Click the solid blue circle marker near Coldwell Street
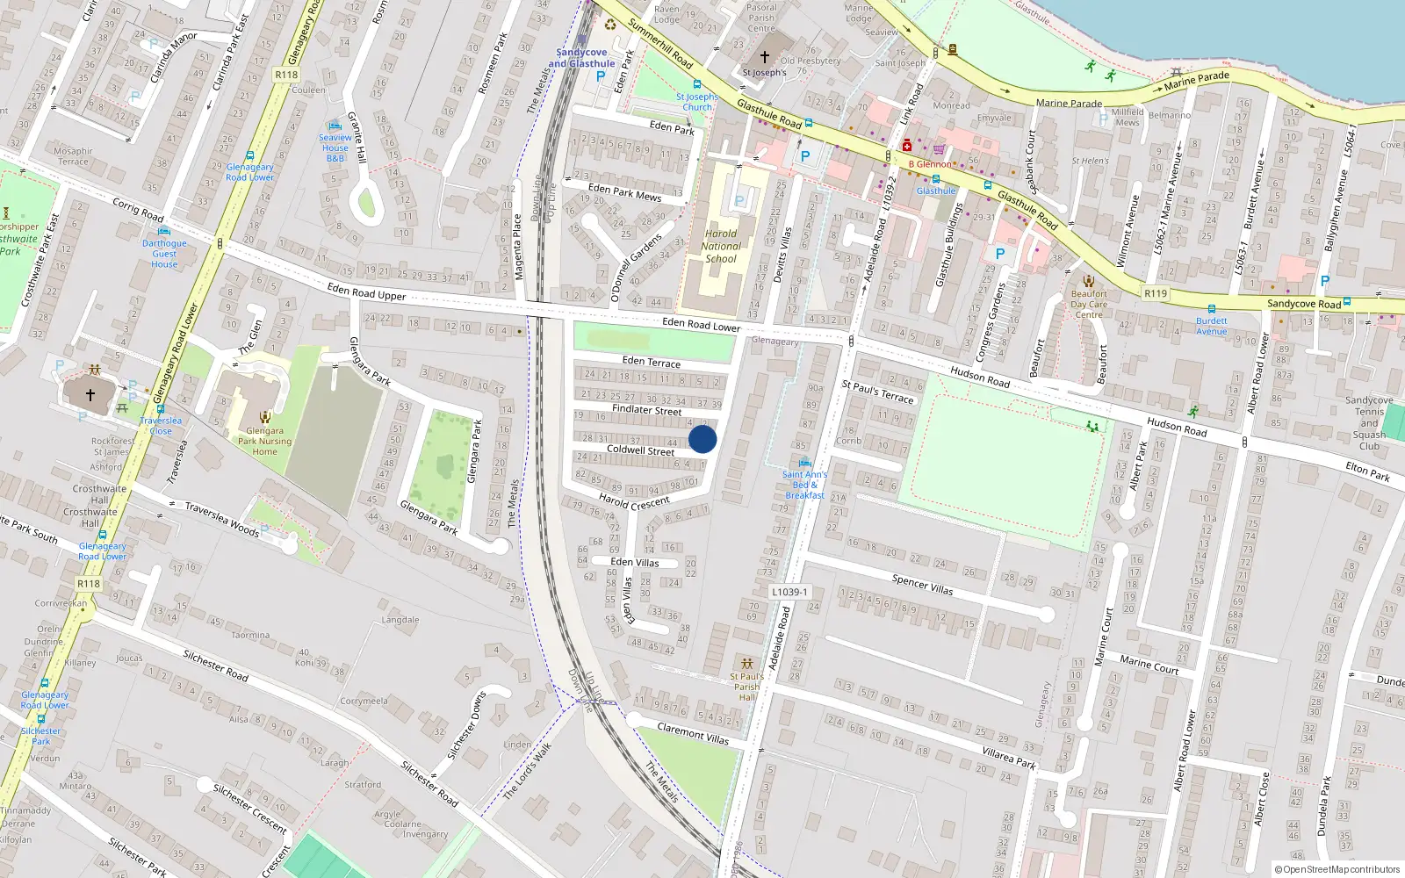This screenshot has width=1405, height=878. tap(702, 439)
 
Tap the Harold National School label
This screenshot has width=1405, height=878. tap(721, 246)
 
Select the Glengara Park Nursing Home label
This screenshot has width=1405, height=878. tap(264, 441)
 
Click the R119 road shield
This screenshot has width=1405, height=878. tap(1156, 293)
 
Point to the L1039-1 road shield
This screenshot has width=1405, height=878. tap(789, 592)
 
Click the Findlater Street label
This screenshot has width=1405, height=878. tap(646, 409)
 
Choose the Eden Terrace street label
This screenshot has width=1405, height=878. tap(651, 361)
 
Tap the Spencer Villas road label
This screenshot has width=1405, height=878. tap(922, 584)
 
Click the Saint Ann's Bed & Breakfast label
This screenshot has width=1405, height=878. tap(804, 485)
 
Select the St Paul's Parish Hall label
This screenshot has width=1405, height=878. tap(746, 687)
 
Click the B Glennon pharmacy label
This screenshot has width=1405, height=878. tap(930, 164)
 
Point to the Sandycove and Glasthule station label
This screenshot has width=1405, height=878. tap(581, 58)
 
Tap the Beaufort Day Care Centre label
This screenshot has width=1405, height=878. tap(1089, 304)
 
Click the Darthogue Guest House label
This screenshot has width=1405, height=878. tap(164, 254)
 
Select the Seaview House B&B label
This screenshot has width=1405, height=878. tap(335, 148)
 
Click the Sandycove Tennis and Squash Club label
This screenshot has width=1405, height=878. tap(1369, 422)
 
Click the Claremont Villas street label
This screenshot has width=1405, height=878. tap(693, 733)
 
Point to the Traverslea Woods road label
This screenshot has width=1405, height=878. tap(221, 519)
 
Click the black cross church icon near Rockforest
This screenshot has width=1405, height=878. tap(90, 395)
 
